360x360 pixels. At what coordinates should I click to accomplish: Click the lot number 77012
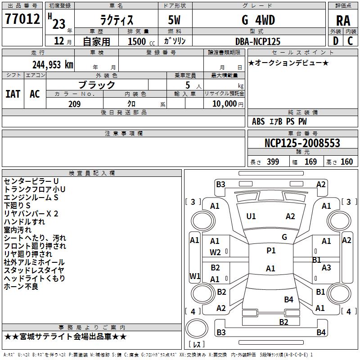point(22,20)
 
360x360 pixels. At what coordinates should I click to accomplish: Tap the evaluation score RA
point(343,21)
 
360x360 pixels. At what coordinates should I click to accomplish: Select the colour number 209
point(74,104)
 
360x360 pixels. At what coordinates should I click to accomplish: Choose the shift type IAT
point(13,94)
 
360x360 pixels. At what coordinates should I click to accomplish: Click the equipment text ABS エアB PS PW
point(279,121)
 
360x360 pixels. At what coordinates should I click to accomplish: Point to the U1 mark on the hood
point(251,216)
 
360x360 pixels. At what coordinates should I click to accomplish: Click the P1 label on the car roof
point(271,251)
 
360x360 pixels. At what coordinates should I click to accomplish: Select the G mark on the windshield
point(284,237)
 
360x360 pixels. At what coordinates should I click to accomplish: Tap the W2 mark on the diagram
point(215,252)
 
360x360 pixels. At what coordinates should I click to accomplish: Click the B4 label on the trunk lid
point(289,300)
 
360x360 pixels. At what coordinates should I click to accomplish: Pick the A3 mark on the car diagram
point(326,268)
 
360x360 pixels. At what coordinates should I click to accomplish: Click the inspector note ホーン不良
point(21,286)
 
